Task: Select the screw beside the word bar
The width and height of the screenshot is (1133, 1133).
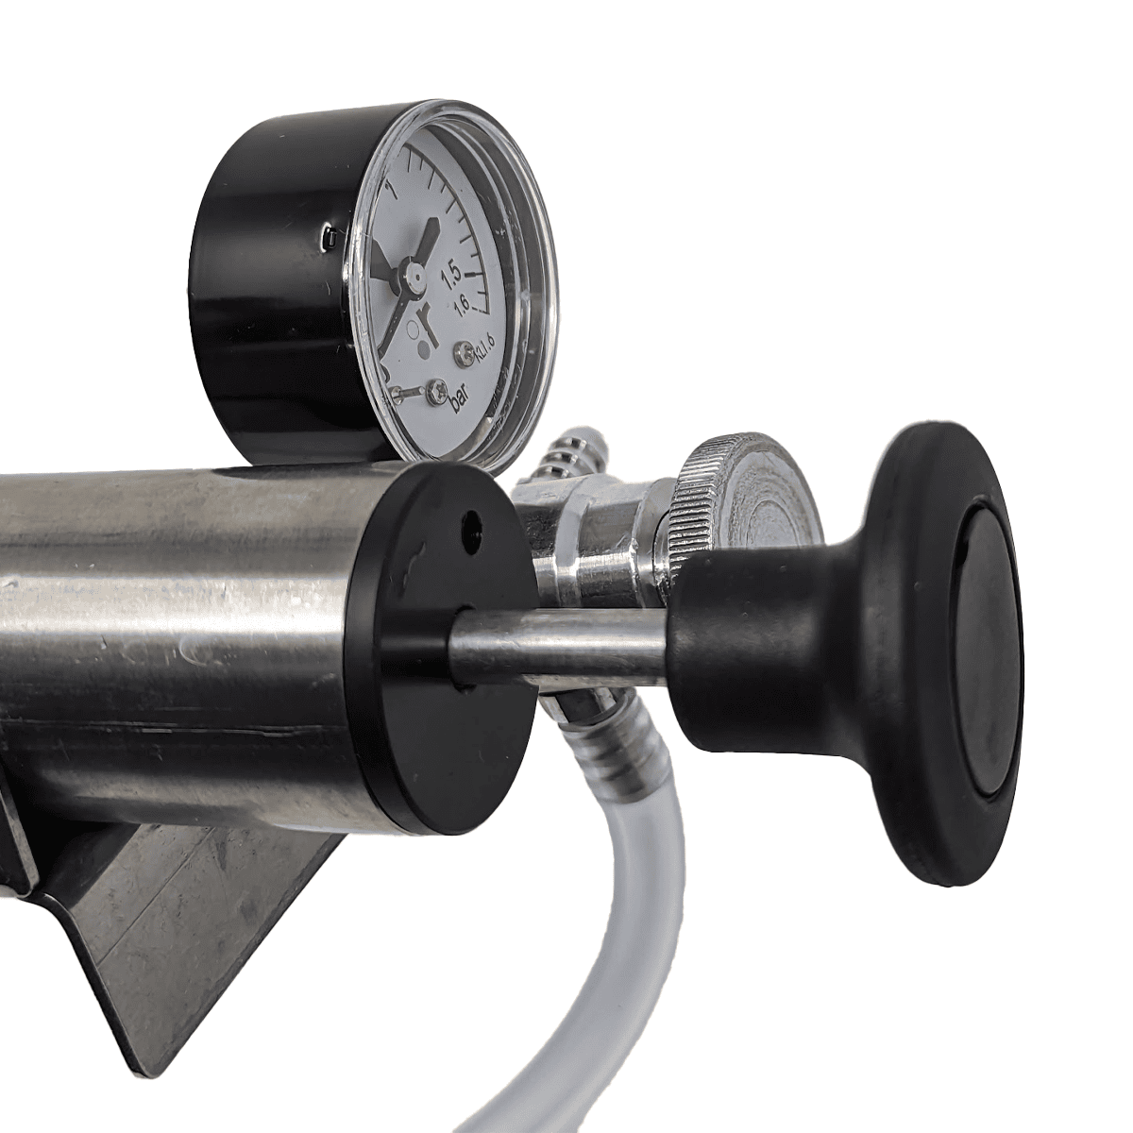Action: (x=435, y=392)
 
